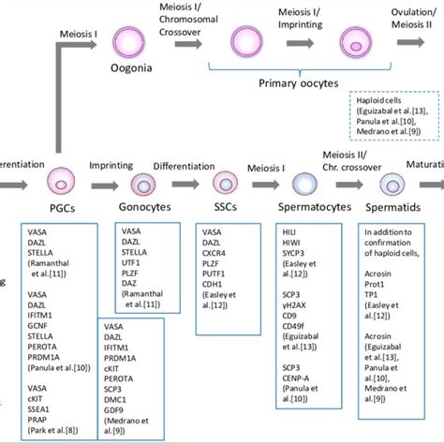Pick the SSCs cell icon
(226, 181)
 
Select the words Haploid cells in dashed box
(376, 100)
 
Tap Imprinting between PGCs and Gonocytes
(110, 166)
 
